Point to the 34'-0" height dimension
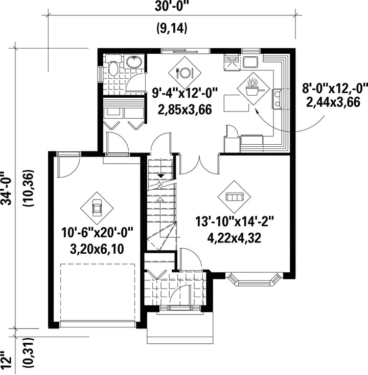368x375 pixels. click(x=7, y=188)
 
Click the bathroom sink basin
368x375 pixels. click(x=134, y=62)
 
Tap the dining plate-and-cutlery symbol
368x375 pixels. click(x=185, y=73)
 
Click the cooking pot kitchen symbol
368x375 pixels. click(x=254, y=88)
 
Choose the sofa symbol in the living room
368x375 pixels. click(x=234, y=197)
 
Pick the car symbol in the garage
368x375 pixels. click(x=97, y=208)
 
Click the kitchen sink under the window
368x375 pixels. click(x=250, y=62)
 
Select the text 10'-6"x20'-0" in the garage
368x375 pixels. click(x=97, y=233)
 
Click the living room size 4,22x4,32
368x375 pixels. click(x=234, y=238)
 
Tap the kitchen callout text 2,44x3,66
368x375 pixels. click(x=333, y=102)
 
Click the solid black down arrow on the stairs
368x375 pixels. click(x=161, y=176)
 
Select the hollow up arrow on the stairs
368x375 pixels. click(x=160, y=199)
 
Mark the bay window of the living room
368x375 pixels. click(x=254, y=279)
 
